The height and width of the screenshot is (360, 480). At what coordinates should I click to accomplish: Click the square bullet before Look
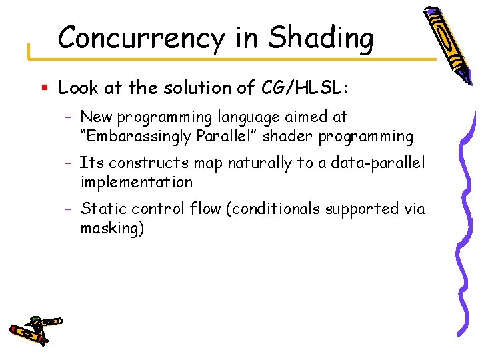pyautogui.click(x=44, y=88)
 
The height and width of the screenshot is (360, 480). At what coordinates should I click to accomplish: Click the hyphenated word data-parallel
pyautogui.click(x=379, y=163)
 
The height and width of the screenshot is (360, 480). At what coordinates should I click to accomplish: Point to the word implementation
pyautogui.click(x=136, y=182)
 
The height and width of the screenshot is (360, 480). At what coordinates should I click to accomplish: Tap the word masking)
pyautogui.click(x=112, y=228)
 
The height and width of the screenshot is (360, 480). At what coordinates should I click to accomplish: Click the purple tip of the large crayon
pyautogui.click(x=431, y=12)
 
